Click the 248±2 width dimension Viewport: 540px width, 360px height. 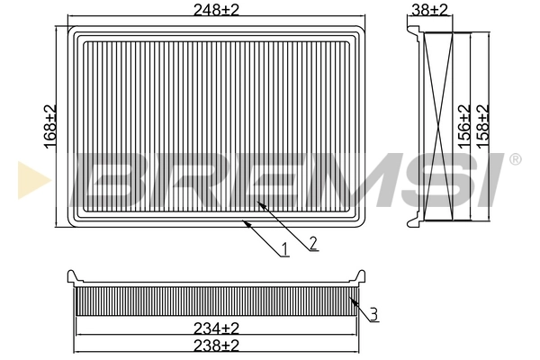pos(216,10)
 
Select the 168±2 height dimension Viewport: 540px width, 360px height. pos(50,127)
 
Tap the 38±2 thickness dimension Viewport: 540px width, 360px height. pos(430,10)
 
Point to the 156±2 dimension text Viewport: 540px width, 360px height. pos(464,126)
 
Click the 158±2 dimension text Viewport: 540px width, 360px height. pos(483,126)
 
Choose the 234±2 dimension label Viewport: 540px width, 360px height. pos(216,328)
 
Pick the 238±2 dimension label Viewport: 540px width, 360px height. pos(216,345)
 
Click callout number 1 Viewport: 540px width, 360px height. pos(284,249)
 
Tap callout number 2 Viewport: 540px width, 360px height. pos(312,243)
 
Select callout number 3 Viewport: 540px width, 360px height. pos(373,314)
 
